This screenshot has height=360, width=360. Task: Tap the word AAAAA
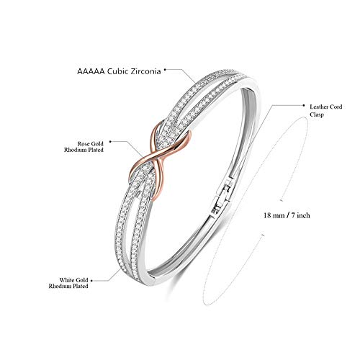tap(91, 71)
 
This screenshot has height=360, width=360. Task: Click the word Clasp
tap(317, 114)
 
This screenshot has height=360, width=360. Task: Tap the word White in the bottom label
tap(67, 280)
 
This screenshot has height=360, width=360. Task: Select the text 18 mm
tap(274, 215)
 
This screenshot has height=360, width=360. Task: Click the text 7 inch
tap(301, 215)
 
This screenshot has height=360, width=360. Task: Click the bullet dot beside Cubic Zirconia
tap(165, 69)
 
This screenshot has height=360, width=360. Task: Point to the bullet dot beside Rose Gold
tap(110, 142)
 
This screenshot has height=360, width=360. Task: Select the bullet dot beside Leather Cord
tap(304, 105)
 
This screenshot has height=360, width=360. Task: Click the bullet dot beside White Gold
tap(91, 281)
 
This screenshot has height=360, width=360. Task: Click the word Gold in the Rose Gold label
tap(97, 144)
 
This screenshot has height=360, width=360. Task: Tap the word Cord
tap(337, 107)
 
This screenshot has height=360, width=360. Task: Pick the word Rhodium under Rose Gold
tap(73, 150)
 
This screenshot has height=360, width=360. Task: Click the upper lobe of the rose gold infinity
tap(171, 138)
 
